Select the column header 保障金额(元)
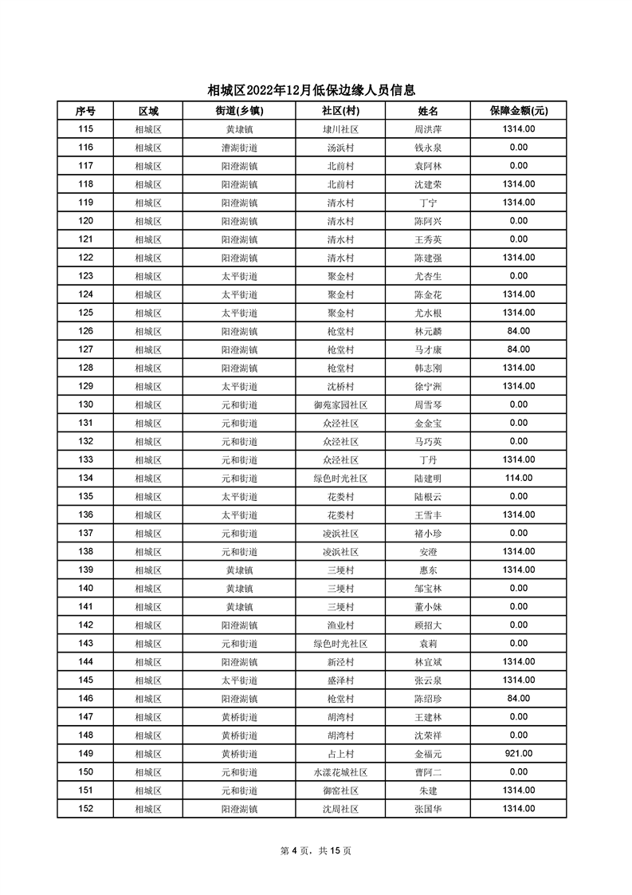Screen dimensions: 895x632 click(518, 111)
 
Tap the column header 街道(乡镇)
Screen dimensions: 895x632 click(239, 111)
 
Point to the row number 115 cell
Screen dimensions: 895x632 click(86, 129)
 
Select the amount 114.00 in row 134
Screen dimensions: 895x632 click(518, 478)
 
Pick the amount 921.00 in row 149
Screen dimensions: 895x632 click(518, 753)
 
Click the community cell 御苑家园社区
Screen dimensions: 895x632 click(340, 404)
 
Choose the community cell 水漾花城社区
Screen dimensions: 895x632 click(340, 771)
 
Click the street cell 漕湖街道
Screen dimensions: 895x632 click(239, 148)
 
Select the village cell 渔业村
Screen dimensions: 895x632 click(340, 625)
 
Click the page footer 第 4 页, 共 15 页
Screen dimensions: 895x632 click(316, 850)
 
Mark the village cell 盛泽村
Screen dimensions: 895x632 click(340, 680)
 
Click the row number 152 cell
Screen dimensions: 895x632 click(86, 808)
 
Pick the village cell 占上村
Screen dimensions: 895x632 click(340, 753)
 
